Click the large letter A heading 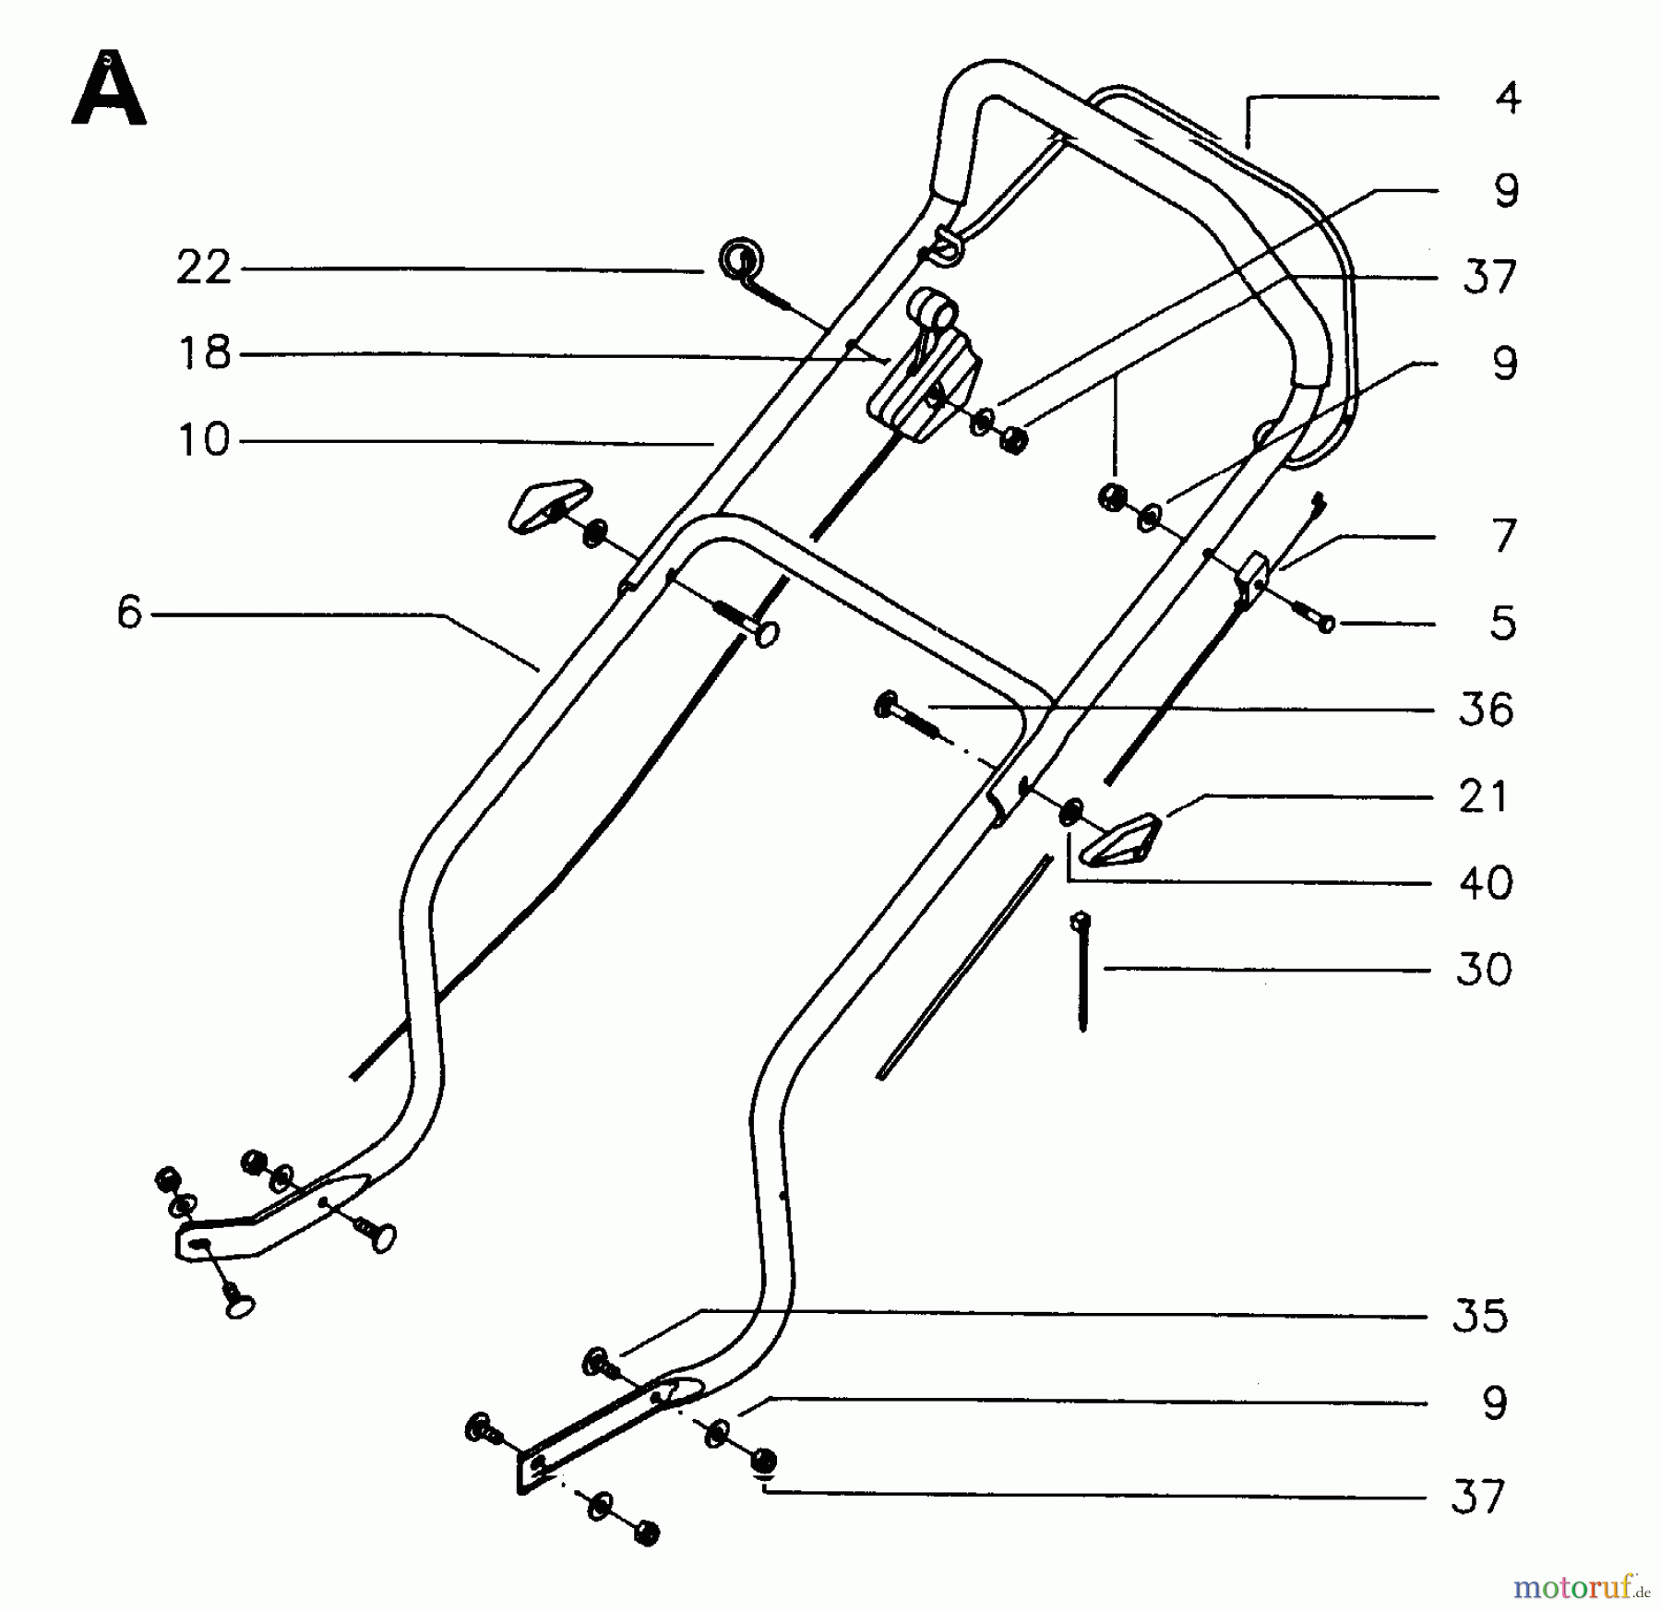click(x=109, y=90)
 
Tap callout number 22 click(x=203, y=268)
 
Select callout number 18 click(x=204, y=353)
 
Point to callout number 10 click(x=203, y=440)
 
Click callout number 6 click(x=129, y=612)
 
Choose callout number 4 click(x=1508, y=98)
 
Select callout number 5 click(x=1503, y=624)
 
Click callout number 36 click(x=1486, y=710)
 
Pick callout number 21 click(x=1483, y=796)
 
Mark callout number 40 click(x=1486, y=883)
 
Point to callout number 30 click(x=1484, y=970)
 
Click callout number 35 click(x=1480, y=1316)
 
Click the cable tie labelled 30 click(x=1081, y=969)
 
